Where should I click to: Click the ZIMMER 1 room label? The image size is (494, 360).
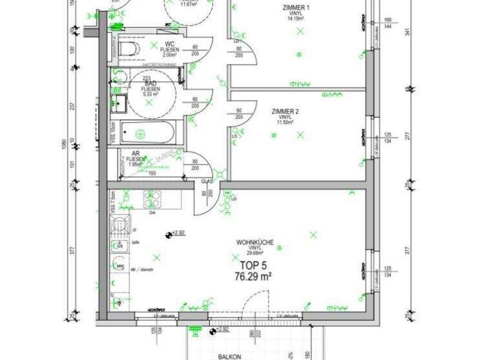point(296,8)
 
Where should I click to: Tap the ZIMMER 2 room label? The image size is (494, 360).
point(286,111)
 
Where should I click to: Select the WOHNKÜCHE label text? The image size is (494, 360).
point(255,242)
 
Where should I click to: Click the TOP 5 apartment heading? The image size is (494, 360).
point(253,264)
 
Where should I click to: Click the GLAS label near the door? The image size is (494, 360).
point(206,182)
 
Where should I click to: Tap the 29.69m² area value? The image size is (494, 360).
point(255,253)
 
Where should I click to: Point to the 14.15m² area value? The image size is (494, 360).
point(296,19)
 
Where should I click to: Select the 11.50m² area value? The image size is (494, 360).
point(286,122)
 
